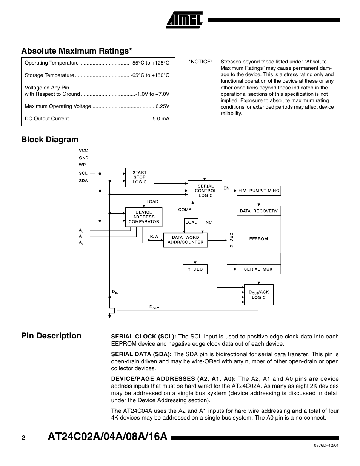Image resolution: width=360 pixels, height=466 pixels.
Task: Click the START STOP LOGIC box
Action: (x=140, y=177)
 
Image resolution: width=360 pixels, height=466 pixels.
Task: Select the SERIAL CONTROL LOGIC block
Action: (x=205, y=191)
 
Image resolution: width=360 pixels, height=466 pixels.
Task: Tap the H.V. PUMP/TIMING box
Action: (x=258, y=191)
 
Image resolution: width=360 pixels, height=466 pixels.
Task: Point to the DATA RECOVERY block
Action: (x=258, y=211)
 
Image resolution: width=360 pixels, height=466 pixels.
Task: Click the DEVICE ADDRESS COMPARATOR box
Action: (x=144, y=217)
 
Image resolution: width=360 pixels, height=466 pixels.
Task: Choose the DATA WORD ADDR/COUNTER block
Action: (x=185, y=240)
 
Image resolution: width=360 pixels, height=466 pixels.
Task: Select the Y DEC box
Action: (x=195, y=269)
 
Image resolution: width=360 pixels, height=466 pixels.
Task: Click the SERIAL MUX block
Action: (x=258, y=269)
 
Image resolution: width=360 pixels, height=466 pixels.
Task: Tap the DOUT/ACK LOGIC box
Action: (x=258, y=295)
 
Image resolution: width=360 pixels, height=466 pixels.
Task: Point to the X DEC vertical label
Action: (x=232, y=240)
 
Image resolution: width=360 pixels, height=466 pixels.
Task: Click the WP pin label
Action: (x=83, y=165)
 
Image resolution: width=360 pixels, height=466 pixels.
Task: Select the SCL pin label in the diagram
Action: (x=83, y=173)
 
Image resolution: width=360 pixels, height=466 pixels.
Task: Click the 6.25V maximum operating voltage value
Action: (x=162, y=106)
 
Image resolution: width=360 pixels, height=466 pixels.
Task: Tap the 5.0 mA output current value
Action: (x=161, y=118)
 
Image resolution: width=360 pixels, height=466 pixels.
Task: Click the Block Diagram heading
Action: (x=50, y=140)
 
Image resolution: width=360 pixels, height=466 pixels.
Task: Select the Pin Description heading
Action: (x=51, y=336)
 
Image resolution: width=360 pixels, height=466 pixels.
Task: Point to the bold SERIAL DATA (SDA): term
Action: (x=141, y=354)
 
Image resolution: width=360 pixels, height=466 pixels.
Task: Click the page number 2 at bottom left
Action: (x=23, y=438)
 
